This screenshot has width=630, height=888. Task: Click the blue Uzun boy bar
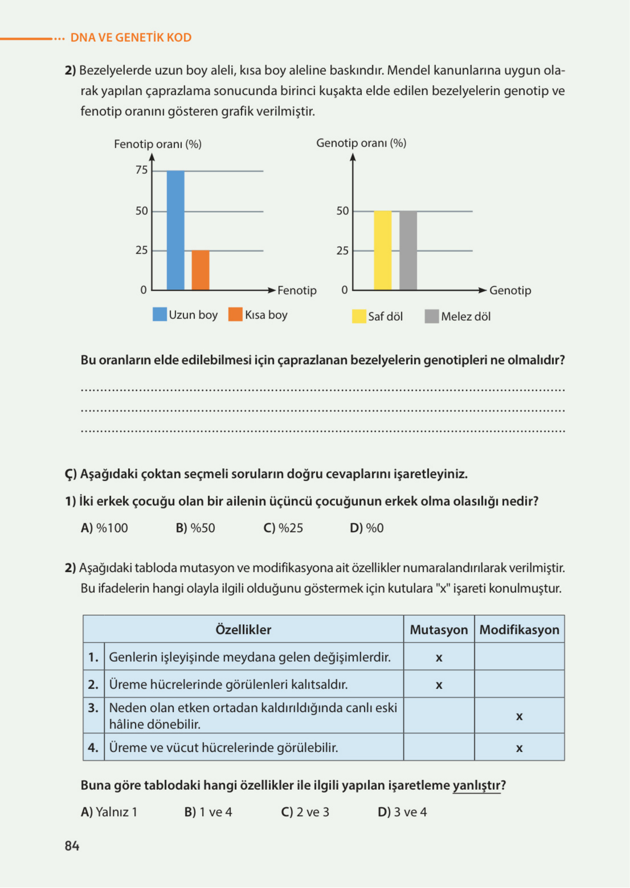coord(175,230)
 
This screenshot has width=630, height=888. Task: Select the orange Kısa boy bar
coord(200,270)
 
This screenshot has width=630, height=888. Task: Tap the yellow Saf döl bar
coord(382,250)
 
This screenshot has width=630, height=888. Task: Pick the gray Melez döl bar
coord(408,250)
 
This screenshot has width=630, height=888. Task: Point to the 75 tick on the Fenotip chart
coord(142,170)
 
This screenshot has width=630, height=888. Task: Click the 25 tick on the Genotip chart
coord(342,251)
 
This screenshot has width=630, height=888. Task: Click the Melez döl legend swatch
coord(431,316)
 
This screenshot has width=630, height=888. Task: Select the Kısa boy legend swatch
coord(235,314)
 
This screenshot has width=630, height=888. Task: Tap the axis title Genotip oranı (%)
coord(361,143)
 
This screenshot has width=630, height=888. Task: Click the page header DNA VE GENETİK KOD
coord(131,38)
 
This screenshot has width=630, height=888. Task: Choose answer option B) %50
coord(195,528)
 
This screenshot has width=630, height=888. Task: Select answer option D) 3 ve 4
coord(402,812)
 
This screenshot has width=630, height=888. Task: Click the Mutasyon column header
coord(438,630)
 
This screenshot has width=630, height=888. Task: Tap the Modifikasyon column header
coord(519,630)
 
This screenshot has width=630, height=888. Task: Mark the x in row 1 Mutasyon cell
coord(439,658)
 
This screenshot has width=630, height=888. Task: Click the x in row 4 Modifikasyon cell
coord(519,748)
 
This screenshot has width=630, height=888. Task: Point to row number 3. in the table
coord(93,708)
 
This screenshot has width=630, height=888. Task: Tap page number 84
coord(72,846)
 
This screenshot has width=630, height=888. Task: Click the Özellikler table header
coord(243,630)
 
